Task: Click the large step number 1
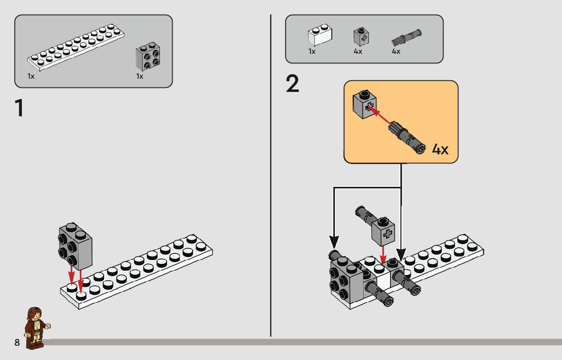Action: tap(19, 108)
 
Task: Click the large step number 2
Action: tap(293, 84)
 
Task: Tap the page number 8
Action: tap(17, 343)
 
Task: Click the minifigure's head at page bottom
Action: tap(35, 313)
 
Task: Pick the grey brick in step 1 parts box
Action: tap(148, 56)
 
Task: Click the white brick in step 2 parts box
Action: tap(319, 37)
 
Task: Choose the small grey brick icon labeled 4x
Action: tap(361, 36)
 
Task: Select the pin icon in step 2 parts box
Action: tap(407, 37)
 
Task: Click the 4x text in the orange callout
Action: tap(440, 149)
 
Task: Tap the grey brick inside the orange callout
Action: tap(365, 104)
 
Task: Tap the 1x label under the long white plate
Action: tap(31, 76)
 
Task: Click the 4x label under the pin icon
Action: tap(396, 51)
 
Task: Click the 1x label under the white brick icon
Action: tap(312, 51)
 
